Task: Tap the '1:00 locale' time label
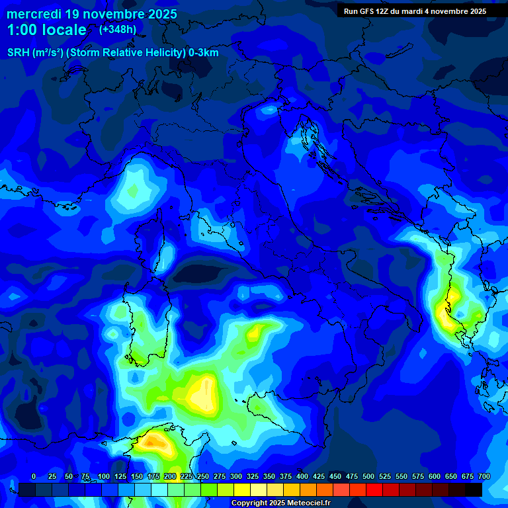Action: pyautogui.click(x=46, y=30)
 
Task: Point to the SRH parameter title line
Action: pyautogui.click(x=112, y=53)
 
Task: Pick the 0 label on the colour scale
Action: pyautogui.click(x=34, y=476)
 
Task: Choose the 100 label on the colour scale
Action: pyautogui.click(x=104, y=476)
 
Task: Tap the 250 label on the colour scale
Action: pyautogui.click(x=203, y=476)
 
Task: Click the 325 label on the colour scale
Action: pyautogui.click(x=253, y=476)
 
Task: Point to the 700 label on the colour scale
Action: pyautogui.click(x=484, y=476)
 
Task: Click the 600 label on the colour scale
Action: pyautogui.click(x=435, y=476)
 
